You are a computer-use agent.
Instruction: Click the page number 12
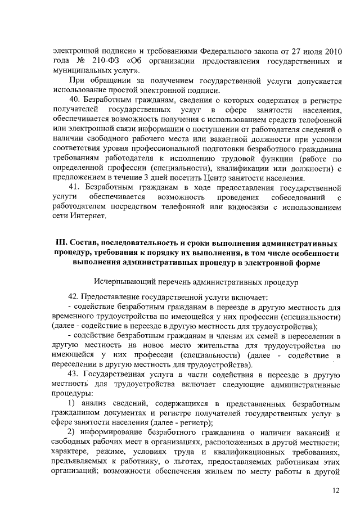click(336, 490)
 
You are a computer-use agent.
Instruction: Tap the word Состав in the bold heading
click(87, 243)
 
